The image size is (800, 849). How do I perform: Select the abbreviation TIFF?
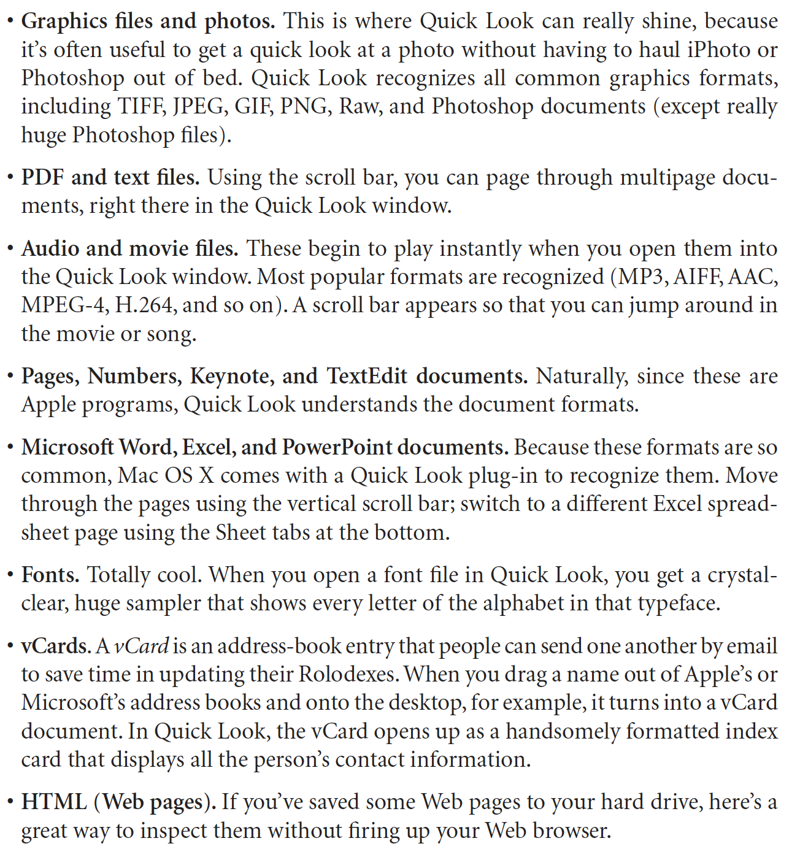point(143,107)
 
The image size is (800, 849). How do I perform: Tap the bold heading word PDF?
point(42,178)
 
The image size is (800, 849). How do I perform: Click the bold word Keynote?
point(232,377)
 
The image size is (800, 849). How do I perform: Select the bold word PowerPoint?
point(337,448)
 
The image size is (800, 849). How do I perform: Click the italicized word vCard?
point(142,647)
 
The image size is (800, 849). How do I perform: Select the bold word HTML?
point(54,802)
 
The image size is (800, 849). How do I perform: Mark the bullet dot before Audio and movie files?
point(10,249)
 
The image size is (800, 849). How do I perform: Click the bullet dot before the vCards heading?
point(10,647)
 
